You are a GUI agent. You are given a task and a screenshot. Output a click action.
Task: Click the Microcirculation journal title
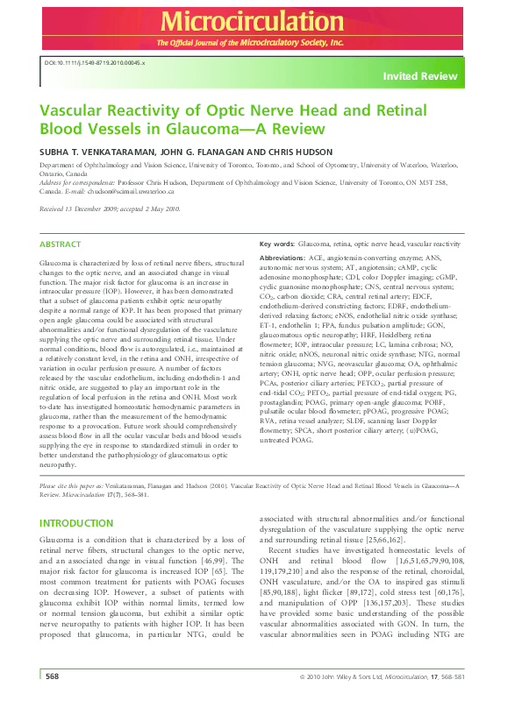pos(261,21)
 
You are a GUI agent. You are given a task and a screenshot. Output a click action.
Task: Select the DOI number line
pos(95,63)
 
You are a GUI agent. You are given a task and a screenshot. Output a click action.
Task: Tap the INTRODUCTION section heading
pos(77,523)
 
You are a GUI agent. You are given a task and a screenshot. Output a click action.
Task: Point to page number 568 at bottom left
pos(52,700)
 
